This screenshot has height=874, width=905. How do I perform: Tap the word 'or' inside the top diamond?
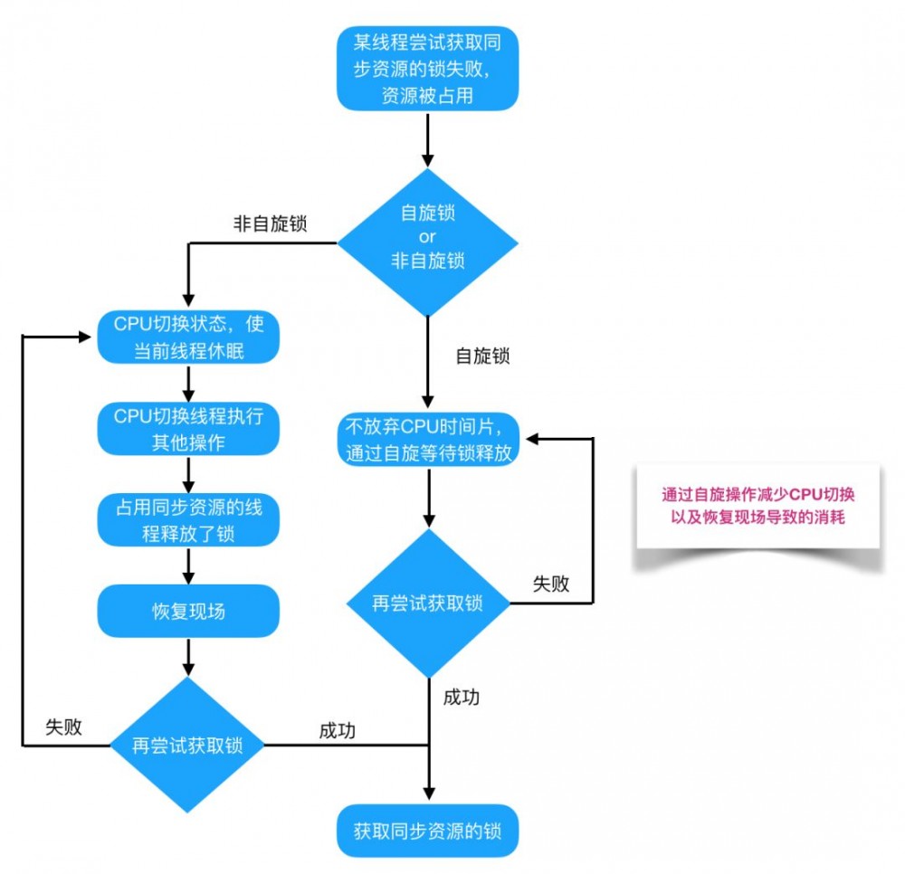click(x=427, y=237)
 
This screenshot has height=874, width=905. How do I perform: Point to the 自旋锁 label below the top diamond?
click(x=481, y=356)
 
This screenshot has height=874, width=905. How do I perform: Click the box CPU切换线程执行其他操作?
click(x=188, y=429)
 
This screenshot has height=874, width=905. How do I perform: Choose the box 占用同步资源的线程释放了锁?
click(x=188, y=520)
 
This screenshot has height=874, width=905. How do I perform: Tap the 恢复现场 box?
click(x=188, y=611)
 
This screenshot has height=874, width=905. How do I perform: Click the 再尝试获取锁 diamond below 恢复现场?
click(x=188, y=745)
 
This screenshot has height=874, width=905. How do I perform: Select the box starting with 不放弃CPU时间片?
click(x=427, y=439)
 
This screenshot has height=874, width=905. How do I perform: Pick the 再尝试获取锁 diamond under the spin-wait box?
click(x=427, y=603)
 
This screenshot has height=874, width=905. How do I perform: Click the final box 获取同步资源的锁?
click(x=427, y=830)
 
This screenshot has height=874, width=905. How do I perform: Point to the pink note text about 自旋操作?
click(x=758, y=506)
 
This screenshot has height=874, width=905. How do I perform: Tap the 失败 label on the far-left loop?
click(x=63, y=727)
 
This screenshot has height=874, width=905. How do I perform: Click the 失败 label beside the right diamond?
click(x=550, y=584)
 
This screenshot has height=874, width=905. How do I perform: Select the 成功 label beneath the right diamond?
click(x=461, y=697)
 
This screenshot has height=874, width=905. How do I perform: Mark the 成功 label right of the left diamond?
click(x=337, y=731)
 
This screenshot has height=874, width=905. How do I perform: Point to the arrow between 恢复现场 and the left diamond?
click(x=188, y=656)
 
